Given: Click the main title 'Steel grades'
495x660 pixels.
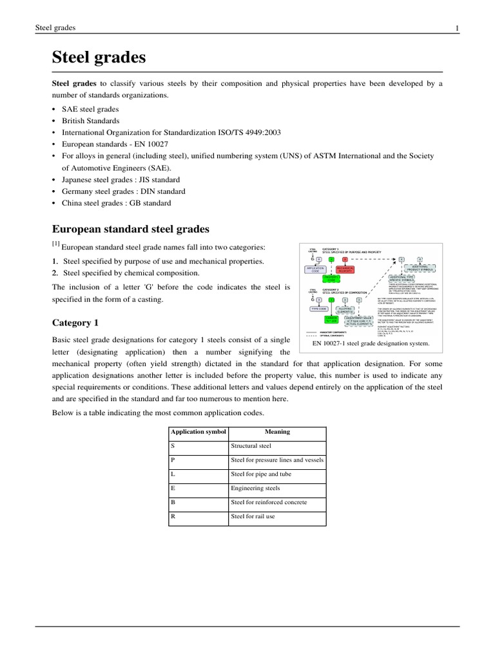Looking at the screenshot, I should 99,58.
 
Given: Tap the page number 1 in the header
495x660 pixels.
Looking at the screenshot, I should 456,28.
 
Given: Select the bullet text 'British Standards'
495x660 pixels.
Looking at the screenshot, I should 90,121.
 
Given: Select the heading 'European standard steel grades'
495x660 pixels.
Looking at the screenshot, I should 130,229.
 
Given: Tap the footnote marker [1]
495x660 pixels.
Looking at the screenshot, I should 55,245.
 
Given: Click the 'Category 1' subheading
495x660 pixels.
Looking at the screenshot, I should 75,322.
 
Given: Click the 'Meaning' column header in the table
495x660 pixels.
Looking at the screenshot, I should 277,432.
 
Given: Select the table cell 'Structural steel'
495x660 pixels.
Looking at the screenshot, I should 251,446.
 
